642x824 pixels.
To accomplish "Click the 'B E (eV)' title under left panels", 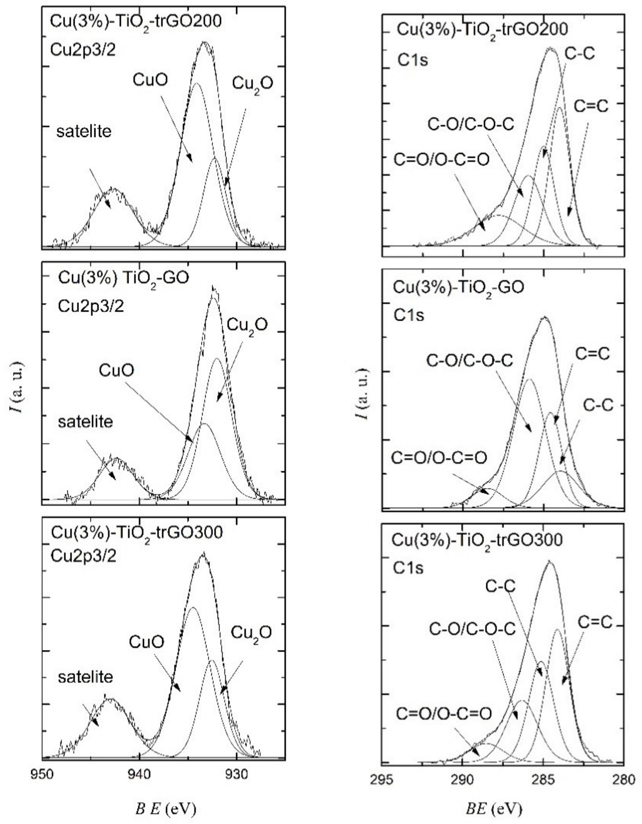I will pyautogui.click(x=165, y=807).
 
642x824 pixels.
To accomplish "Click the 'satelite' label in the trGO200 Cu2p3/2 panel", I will pyautogui.click(x=84, y=131).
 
